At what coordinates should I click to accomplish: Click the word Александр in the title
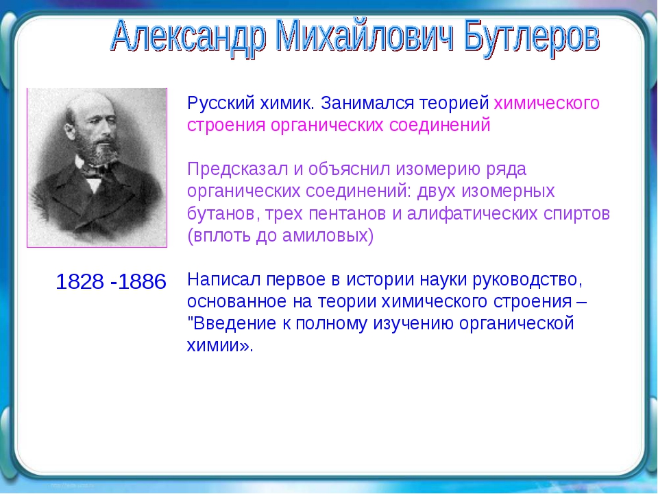click(189, 38)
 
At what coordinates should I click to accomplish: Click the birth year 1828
click(80, 282)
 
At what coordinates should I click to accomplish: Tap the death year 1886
click(143, 282)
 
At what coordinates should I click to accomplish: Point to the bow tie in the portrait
click(96, 171)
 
